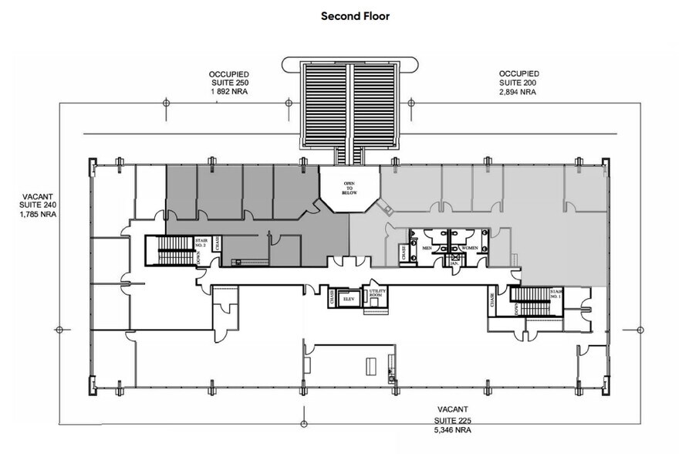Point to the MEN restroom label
tap(427, 248)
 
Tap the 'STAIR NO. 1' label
tap(556, 293)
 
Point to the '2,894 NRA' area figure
tap(516, 92)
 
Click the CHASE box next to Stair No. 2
tap(218, 245)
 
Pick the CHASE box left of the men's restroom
tap(403, 252)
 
